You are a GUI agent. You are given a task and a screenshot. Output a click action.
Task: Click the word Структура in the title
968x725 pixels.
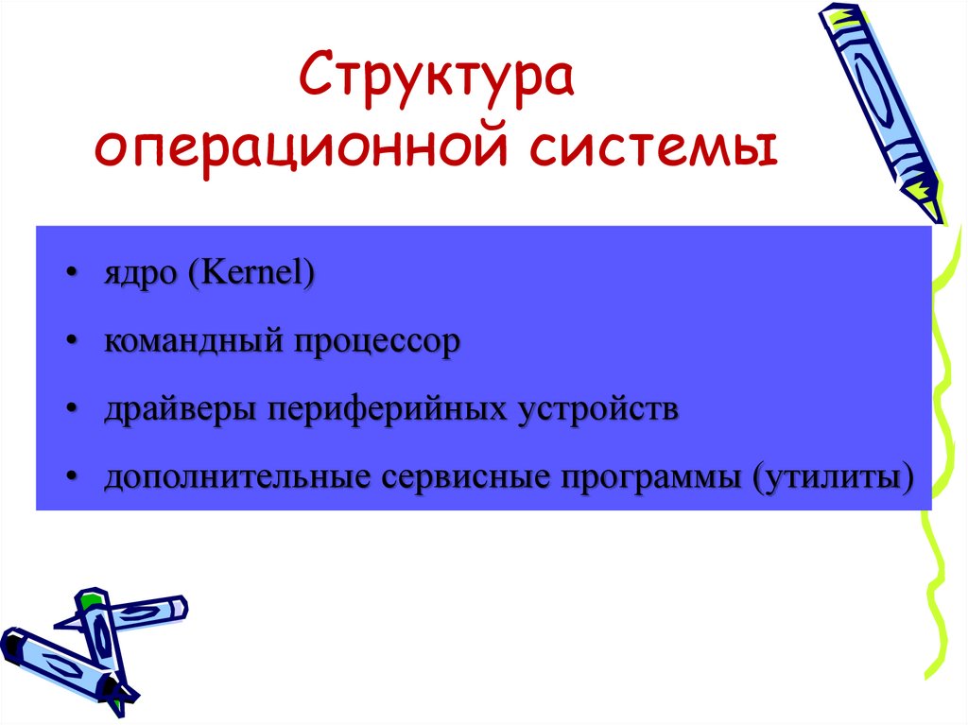pyautogui.click(x=437, y=78)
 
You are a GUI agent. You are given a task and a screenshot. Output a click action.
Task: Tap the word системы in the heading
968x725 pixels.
pyautogui.click(x=653, y=148)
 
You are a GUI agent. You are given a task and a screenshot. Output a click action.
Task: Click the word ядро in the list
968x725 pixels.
pyautogui.click(x=140, y=273)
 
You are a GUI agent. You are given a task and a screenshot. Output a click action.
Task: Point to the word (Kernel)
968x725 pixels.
pyautogui.click(x=251, y=272)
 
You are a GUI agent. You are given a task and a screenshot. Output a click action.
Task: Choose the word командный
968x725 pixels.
pyautogui.click(x=194, y=341)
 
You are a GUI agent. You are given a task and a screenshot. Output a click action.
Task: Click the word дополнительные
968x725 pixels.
pyautogui.click(x=237, y=477)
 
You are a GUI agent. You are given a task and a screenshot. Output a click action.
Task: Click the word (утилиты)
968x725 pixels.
pyautogui.click(x=833, y=478)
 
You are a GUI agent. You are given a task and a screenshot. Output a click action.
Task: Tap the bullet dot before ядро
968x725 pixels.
pyautogui.click(x=72, y=273)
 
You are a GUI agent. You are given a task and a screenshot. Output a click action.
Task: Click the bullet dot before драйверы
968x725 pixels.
pyautogui.click(x=72, y=409)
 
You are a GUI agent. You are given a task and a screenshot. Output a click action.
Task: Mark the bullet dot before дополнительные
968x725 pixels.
pyautogui.click(x=72, y=478)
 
